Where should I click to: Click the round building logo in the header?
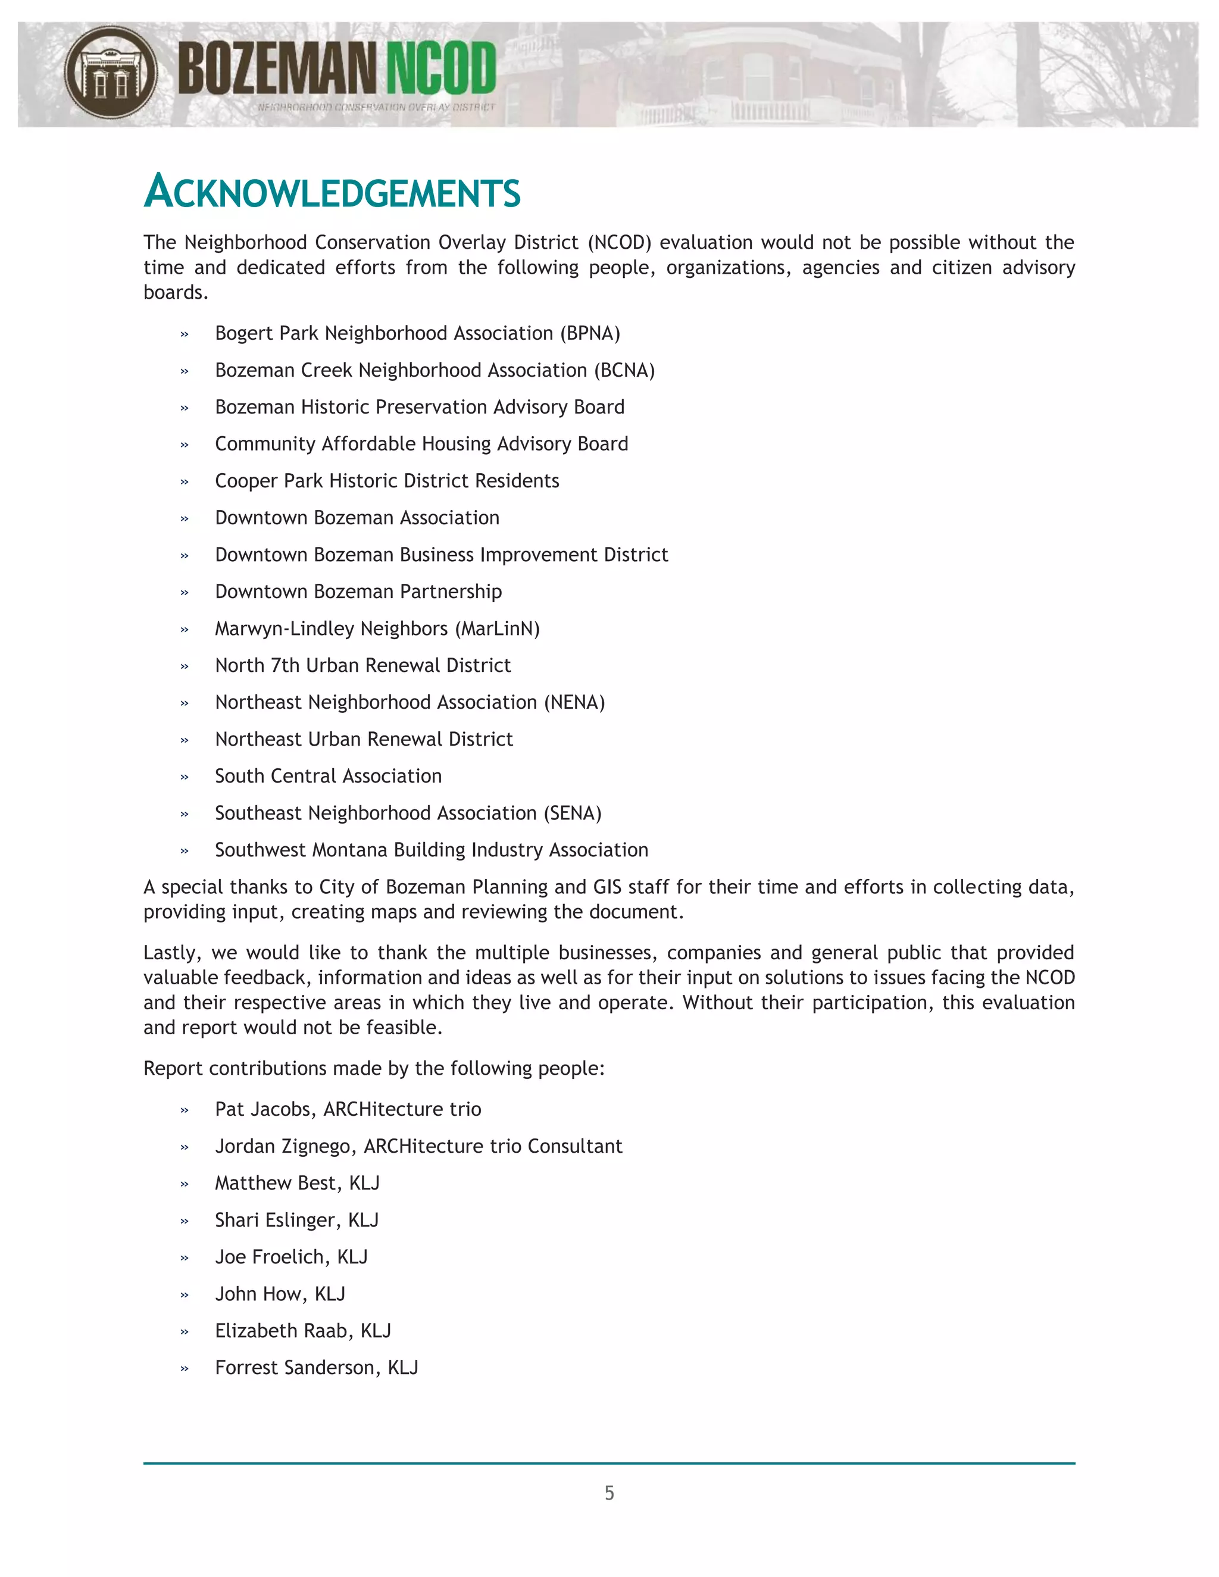(111, 73)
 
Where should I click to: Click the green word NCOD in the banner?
(440, 68)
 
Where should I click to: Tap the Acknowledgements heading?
(332, 192)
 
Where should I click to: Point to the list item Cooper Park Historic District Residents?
(387, 481)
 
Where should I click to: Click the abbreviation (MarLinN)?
(498, 629)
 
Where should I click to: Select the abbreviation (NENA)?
(574, 703)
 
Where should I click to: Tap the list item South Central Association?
(328, 776)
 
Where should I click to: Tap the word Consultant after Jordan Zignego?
(575, 1146)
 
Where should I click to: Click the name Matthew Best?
(275, 1183)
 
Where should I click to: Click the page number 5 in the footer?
(609, 1493)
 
